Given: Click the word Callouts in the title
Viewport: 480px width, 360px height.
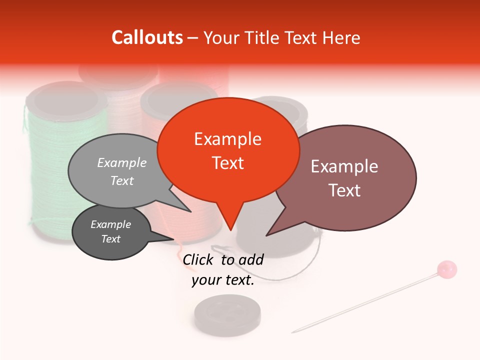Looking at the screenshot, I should (147, 37).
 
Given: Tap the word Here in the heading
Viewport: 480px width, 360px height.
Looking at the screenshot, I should (340, 38).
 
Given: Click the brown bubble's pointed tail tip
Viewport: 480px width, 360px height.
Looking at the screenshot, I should (266, 235).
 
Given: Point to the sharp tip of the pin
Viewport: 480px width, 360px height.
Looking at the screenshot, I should (293, 332).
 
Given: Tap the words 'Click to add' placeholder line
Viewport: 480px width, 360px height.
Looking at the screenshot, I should (223, 259).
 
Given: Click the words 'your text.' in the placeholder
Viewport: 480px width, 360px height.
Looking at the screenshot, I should (223, 280).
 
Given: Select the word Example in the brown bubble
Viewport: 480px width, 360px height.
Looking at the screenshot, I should (344, 166).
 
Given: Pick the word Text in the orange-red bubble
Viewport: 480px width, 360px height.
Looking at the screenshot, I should (228, 163).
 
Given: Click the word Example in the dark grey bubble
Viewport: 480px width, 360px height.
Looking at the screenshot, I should (110, 224).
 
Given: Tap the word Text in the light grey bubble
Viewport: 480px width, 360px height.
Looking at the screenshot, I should (122, 180).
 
